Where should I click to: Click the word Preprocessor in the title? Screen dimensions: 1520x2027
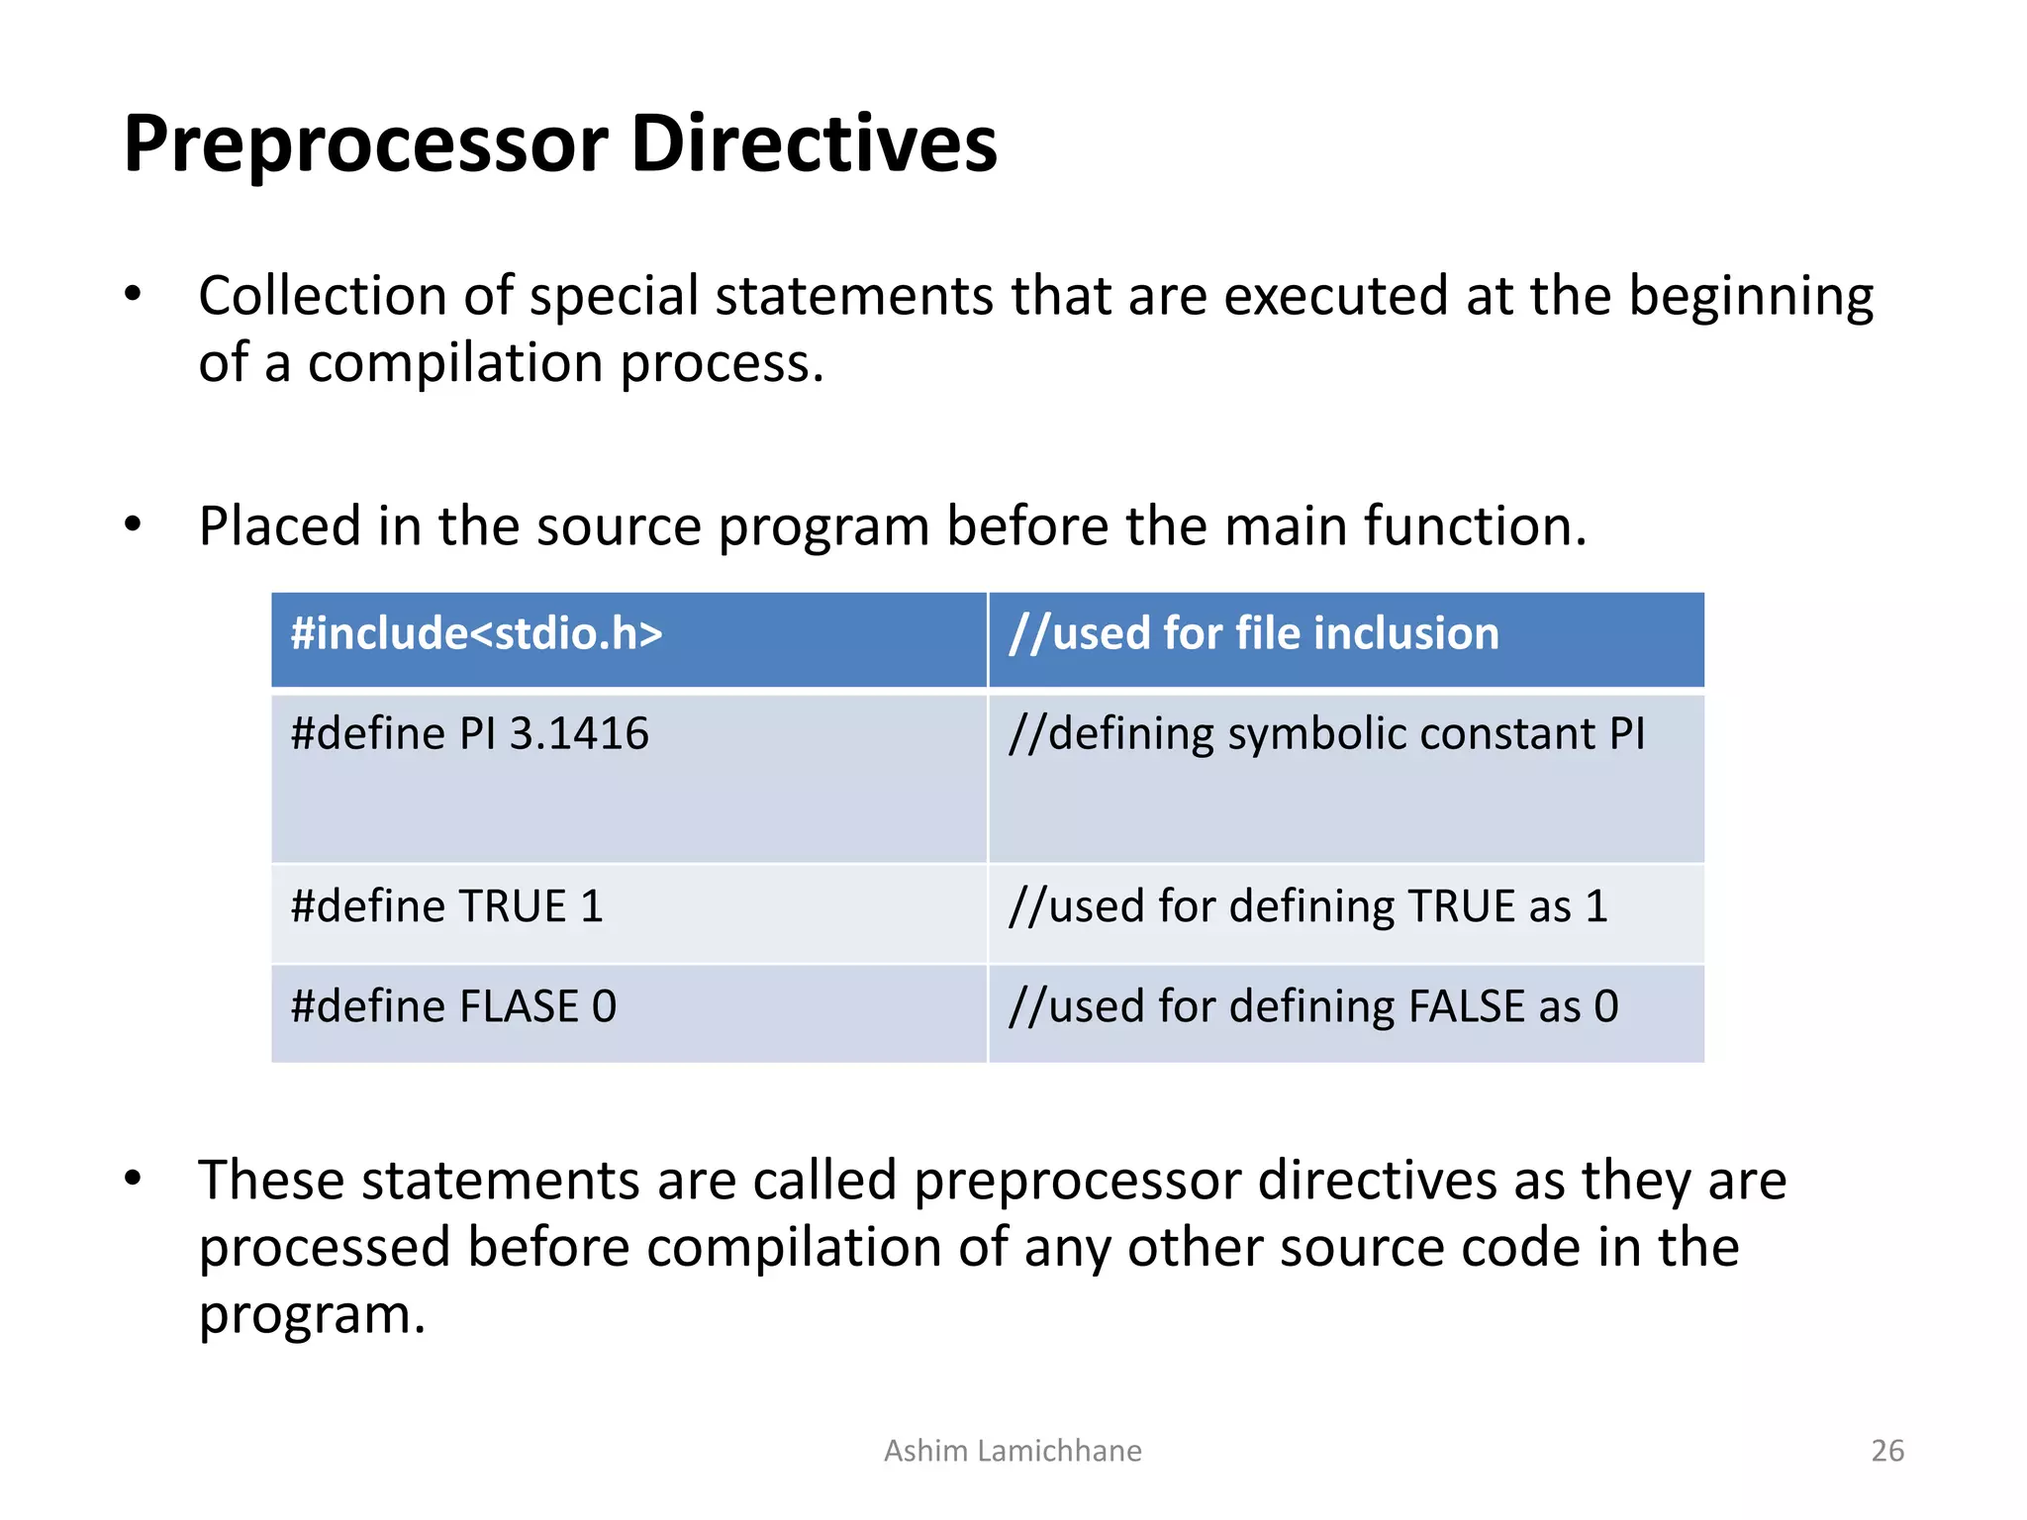[x=366, y=145]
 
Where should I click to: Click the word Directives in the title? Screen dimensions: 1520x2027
[x=814, y=143]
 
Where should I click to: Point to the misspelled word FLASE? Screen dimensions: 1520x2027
[x=519, y=1007]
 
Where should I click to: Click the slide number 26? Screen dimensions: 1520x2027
[x=1886, y=1451]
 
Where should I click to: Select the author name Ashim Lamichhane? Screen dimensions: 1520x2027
[x=1013, y=1451]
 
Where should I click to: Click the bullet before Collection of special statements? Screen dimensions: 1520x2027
[x=134, y=295]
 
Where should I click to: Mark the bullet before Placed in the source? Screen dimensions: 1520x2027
[x=134, y=525]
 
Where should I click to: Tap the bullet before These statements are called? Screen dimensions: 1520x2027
[x=134, y=1180]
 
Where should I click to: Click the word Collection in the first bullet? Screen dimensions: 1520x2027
[x=322, y=297]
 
